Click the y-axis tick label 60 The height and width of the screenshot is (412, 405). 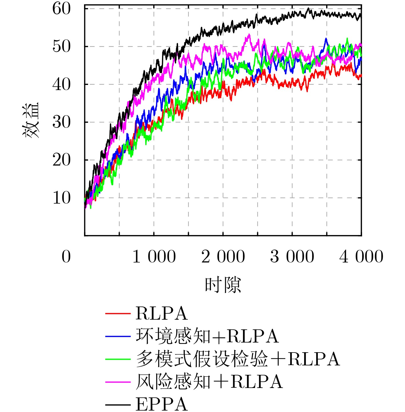[x=61, y=9]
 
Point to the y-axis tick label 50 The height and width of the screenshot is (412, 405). [x=61, y=47]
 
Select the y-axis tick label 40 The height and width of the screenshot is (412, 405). [x=61, y=85]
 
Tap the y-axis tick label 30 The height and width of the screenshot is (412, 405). [x=61, y=122]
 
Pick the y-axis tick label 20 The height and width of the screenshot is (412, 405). [x=61, y=160]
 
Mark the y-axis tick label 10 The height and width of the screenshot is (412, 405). [x=61, y=198]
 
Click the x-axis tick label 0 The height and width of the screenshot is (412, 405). [x=66, y=256]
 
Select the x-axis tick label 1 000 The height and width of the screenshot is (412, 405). [x=154, y=256]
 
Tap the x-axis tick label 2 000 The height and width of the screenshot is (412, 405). [x=223, y=256]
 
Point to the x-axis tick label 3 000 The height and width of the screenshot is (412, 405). [x=292, y=256]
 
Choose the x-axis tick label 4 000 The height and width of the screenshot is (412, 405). [x=361, y=256]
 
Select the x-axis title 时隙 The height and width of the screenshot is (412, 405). [x=223, y=285]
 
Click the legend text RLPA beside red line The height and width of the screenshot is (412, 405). [x=161, y=313]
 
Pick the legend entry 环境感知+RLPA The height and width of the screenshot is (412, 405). [x=207, y=336]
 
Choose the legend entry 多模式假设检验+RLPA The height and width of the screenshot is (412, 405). [x=238, y=359]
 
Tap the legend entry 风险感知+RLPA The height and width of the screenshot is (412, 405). [x=209, y=382]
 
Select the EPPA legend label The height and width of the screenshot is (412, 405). [x=161, y=404]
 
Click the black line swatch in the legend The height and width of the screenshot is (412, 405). [x=118, y=405]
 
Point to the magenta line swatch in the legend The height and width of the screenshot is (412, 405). [x=118, y=382]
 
